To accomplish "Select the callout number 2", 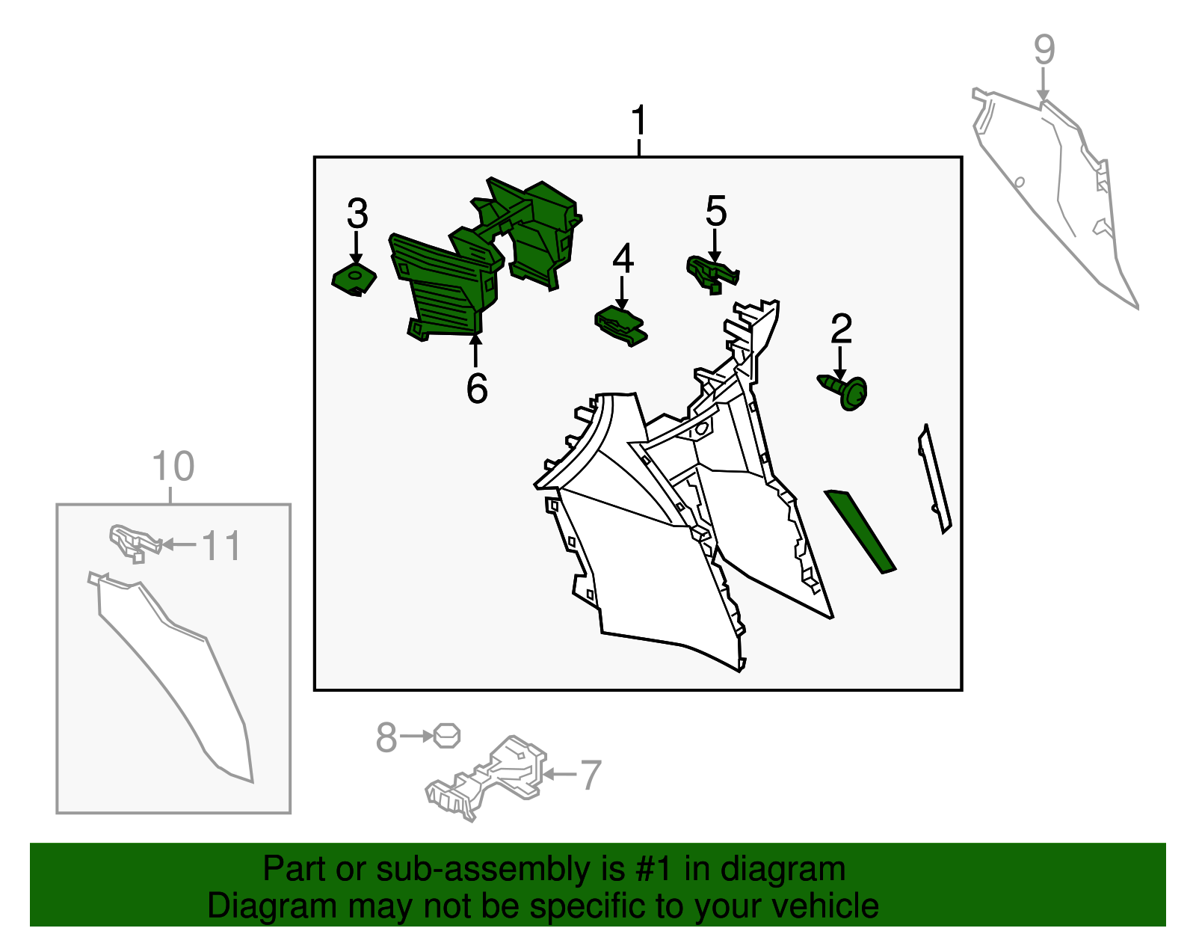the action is tap(841, 328).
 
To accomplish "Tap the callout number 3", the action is tap(357, 214).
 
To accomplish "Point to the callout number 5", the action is tap(715, 210).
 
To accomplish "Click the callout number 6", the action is tap(477, 389).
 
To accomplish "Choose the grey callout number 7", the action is tap(591, 775).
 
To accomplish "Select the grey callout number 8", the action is tap(386, 737).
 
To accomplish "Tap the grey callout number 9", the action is tap(1044, 49).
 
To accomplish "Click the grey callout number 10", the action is tap(173, 466).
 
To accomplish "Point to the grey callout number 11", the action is tap(222, 546).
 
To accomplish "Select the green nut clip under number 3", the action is tap(354, 279).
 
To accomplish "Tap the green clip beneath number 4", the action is tap(621, 327).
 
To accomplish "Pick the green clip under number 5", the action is tap(712, 274).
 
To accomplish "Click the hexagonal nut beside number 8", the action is tap(446, 736).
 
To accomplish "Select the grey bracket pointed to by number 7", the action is tap(486, 778).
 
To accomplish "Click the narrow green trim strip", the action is tap(860, 532).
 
